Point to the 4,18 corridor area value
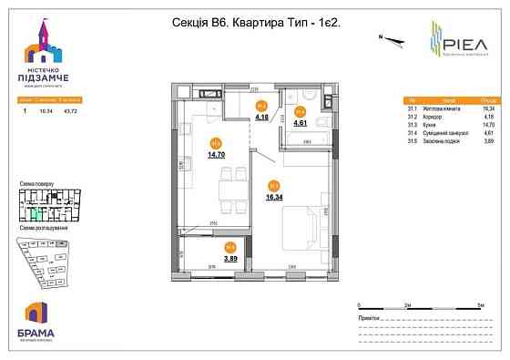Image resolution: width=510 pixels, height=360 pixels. coord(261,117)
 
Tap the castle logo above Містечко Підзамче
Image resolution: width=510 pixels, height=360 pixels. coord(44,42)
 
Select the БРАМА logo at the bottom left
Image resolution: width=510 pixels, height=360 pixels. coord(36,318)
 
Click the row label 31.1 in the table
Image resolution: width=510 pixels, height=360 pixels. coord(413,107)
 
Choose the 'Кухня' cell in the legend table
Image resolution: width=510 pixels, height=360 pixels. coord(438,125)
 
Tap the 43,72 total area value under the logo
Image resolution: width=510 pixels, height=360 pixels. coord(66,107)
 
